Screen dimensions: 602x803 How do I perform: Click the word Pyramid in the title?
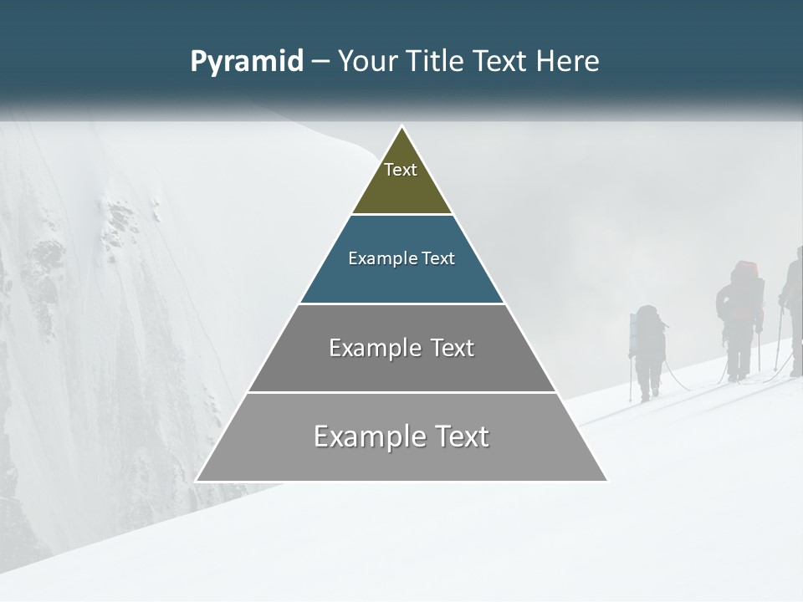[247, 62]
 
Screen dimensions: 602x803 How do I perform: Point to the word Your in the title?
[367, 62]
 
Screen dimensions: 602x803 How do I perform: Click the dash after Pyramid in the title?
[320, 62]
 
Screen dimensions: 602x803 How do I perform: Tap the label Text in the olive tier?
[401, 170]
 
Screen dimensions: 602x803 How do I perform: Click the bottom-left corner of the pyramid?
[197, 481]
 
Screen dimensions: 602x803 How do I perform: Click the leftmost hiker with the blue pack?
[647, 351]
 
